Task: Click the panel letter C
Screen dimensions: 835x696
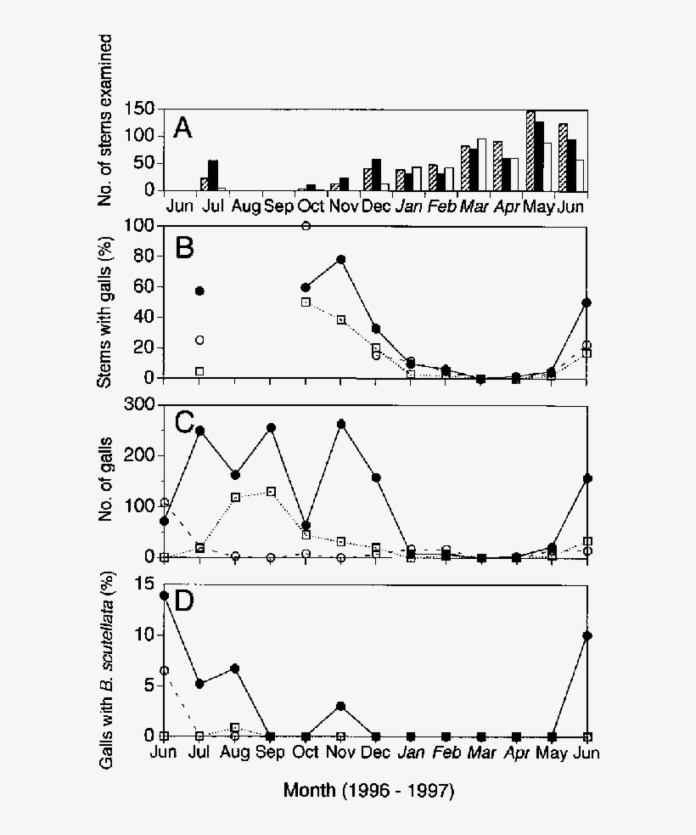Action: tap(185, 421)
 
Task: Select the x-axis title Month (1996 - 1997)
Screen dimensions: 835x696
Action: tap(369, 791)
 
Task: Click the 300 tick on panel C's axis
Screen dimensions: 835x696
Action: tap(138, 405)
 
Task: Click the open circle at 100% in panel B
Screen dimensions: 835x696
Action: tap(306, 226)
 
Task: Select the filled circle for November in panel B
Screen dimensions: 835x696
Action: tap(341, 259)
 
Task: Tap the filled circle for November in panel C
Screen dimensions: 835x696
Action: tap(341, 424)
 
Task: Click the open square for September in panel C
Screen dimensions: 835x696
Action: tap(271, 492)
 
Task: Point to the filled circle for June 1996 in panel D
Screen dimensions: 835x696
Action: tap(164, 595)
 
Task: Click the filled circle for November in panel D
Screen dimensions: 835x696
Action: tap(341, 706)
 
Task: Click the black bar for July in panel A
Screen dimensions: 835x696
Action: tap(213, 175)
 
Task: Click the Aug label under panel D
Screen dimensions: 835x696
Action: tap(235, 753)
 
